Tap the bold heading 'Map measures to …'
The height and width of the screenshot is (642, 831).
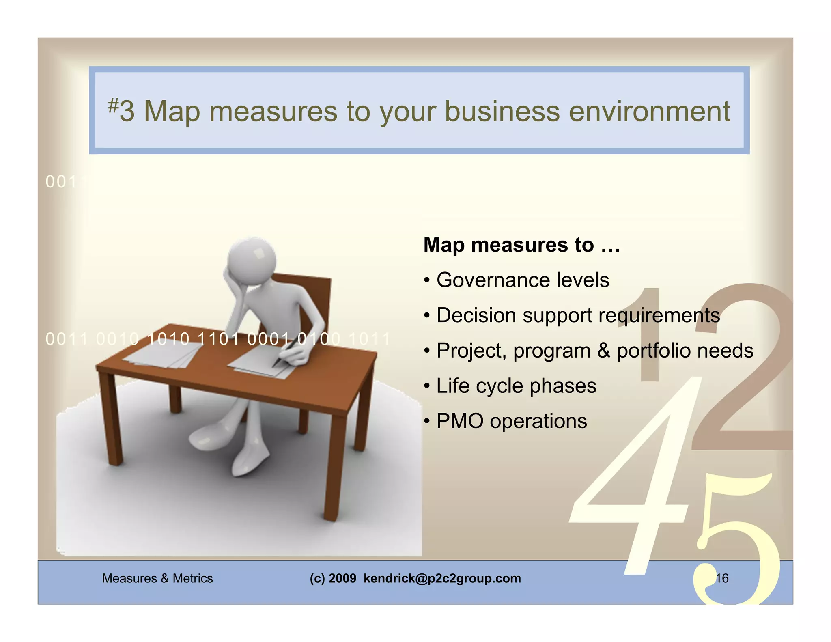click(521, 245)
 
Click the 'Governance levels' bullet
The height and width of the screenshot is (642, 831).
click(522, 280)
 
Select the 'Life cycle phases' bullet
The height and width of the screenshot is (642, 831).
click(516, 386)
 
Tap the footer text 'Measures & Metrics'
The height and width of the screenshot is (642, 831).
click(157, 578)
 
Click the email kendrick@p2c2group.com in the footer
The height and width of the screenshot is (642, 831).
click(442, 578)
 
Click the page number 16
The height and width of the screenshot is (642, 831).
click(722, 578)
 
